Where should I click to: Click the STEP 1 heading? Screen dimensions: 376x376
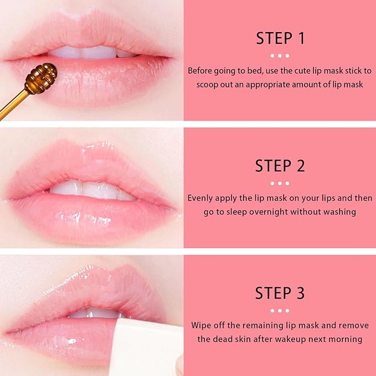click(x=280, y=38)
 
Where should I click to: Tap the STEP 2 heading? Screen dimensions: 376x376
click(x=280, y=166)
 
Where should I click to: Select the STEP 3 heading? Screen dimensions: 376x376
click(x=280, y=293)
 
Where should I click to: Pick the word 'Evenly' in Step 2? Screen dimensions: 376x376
click(x=200, y=198)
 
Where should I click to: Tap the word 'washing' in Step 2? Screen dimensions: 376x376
click(x=340, y=212)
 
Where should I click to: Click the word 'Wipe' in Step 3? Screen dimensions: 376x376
click(x=202, y=325)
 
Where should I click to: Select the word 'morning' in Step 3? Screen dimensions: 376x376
click(x=347, y=339)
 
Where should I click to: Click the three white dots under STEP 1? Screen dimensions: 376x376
click(x=280, y=56)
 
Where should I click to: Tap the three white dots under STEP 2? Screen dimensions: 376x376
click(x=280, y=183)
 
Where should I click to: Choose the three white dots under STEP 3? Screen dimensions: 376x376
click(x=280, y=311)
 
